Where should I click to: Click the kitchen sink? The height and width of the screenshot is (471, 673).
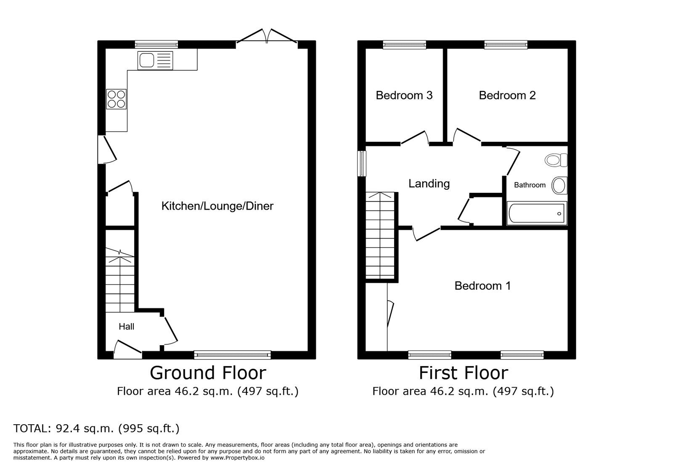click(155, 61)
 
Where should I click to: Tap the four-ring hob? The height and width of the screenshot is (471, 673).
click(116, 99)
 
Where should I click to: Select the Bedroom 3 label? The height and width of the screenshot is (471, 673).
click(404, 95)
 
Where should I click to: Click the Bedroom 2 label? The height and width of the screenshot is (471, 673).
click(507, 95)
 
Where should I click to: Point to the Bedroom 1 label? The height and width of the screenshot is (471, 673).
click(482, 285)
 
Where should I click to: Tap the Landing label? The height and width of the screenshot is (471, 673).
click(429, 184)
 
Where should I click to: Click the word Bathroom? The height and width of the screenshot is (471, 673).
click(530, 185)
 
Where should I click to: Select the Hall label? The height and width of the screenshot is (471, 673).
click(126, 327)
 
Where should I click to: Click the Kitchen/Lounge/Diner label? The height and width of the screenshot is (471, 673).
click(217, 206)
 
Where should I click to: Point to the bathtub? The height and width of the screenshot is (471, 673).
click(537, 213)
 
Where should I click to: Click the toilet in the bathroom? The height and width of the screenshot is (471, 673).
click(556, 160)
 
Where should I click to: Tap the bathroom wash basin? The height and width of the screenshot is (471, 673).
click(559, 185)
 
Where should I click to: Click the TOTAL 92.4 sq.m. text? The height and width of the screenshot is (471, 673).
click(96, 428)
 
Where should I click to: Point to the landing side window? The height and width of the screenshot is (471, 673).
click(362, 163)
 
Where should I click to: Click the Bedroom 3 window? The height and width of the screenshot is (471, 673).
click(405, 45)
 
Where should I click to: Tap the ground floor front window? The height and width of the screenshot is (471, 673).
click(233, 355)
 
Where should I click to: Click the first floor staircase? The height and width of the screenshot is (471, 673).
click(380, 235)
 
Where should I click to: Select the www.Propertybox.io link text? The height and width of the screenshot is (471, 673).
click(237, 458)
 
